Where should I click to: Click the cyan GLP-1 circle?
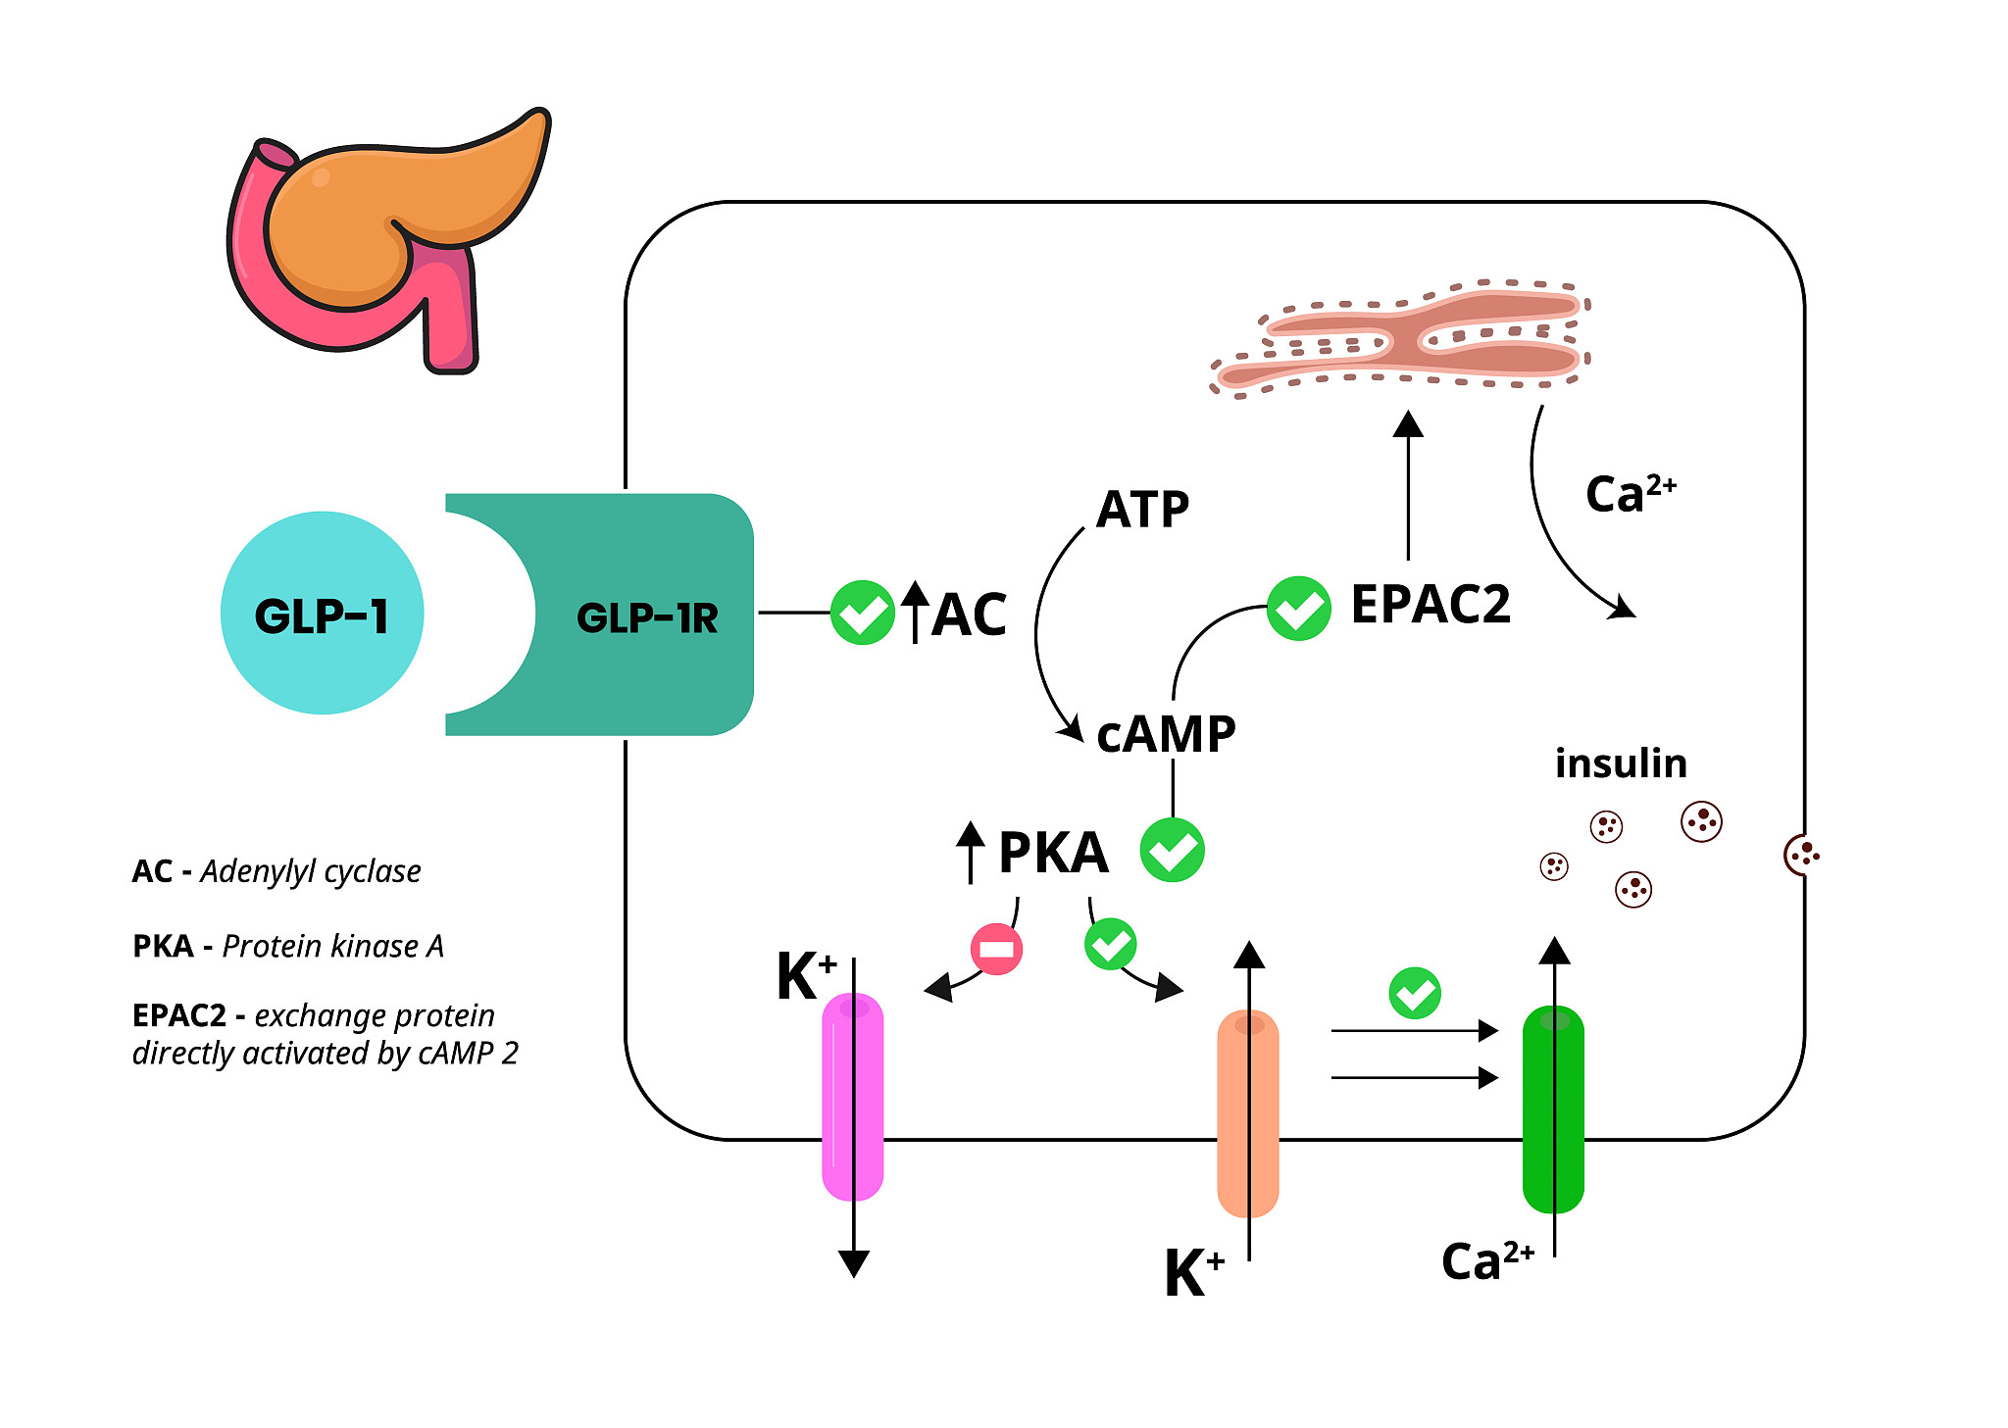(x=322, y=614)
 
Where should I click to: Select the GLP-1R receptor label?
(x=647, y=618)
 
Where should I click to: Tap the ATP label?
(x=1142, y=510)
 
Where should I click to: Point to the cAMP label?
(x=1166, y=734)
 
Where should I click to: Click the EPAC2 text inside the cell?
(x=1431, y=604)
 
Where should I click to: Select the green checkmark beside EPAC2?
(x=1298, y=609)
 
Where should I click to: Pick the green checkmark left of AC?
(x=862, y=613)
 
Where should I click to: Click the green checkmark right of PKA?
(x=1172, y=850)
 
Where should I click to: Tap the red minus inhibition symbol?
(x=996, y=949)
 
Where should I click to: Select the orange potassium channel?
(x=1247, y=1112)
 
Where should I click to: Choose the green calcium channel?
(x=1553, y=1108)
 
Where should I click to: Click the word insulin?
(x=1621, y=763)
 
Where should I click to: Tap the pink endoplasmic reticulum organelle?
(x=1402, y=338)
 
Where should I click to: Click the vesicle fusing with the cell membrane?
(x=1801, y=855)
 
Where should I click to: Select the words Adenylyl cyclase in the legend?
(x=311, y=871)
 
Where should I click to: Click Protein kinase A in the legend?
(x=332, y=946)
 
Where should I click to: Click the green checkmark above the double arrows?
(x=1414, y=993)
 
